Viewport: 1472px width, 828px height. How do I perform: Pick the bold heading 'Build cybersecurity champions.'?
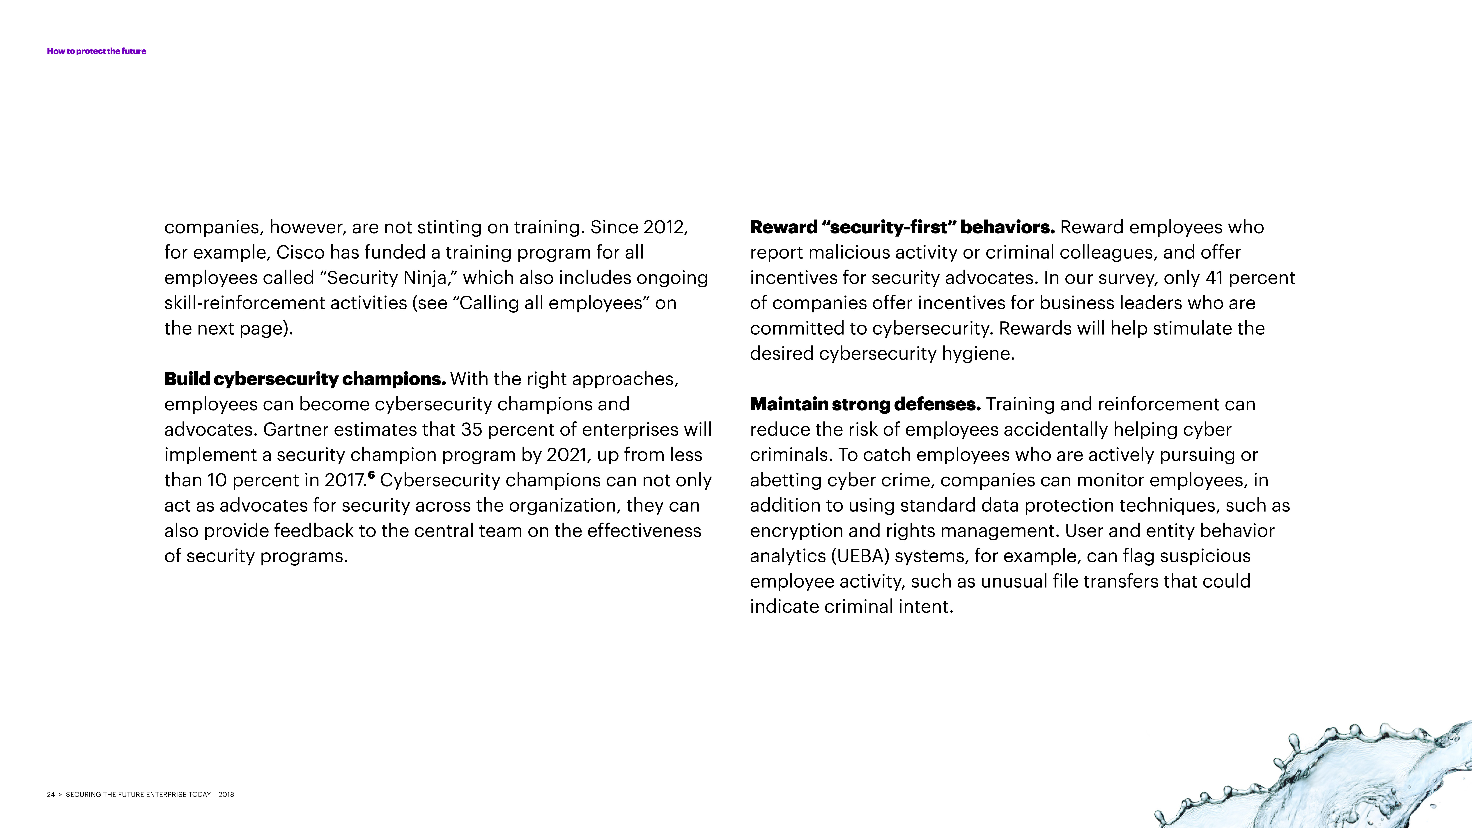pyautogui.click(x=304, y=379)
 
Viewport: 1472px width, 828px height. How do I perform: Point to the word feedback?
pyautogui.click(x=314, y=531)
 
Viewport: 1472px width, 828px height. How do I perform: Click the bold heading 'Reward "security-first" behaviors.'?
pyautogui.click(x=902, y=227)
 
